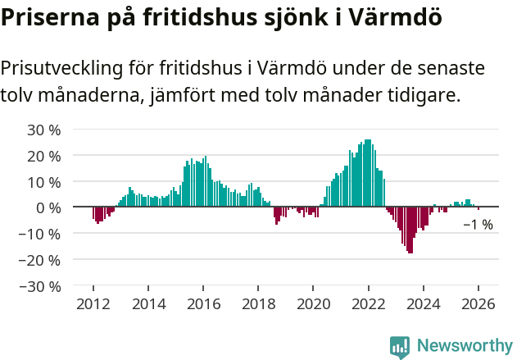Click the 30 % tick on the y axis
[x=44, y=130]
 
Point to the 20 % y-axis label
[x=44, y=156]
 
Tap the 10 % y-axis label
[x=44, y=181]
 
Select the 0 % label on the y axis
[x=48, y=207]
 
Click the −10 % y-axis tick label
[x=40, y=234]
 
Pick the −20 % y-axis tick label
[x=40, y=260]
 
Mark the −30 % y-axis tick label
[x=40, y=286]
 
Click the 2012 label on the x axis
[x=93, y=304]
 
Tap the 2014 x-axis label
[x=148, y=304]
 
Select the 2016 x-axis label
[x=203, y=304]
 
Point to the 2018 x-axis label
[x=258, y=304]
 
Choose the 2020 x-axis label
[x=313, y=304]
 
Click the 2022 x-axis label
[x=369, y=304]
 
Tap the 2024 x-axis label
[x=424, y=304]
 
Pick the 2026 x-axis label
[x=478, y=304]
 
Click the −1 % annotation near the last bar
[x=478, y=225]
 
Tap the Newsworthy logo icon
[x=400, y=347]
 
